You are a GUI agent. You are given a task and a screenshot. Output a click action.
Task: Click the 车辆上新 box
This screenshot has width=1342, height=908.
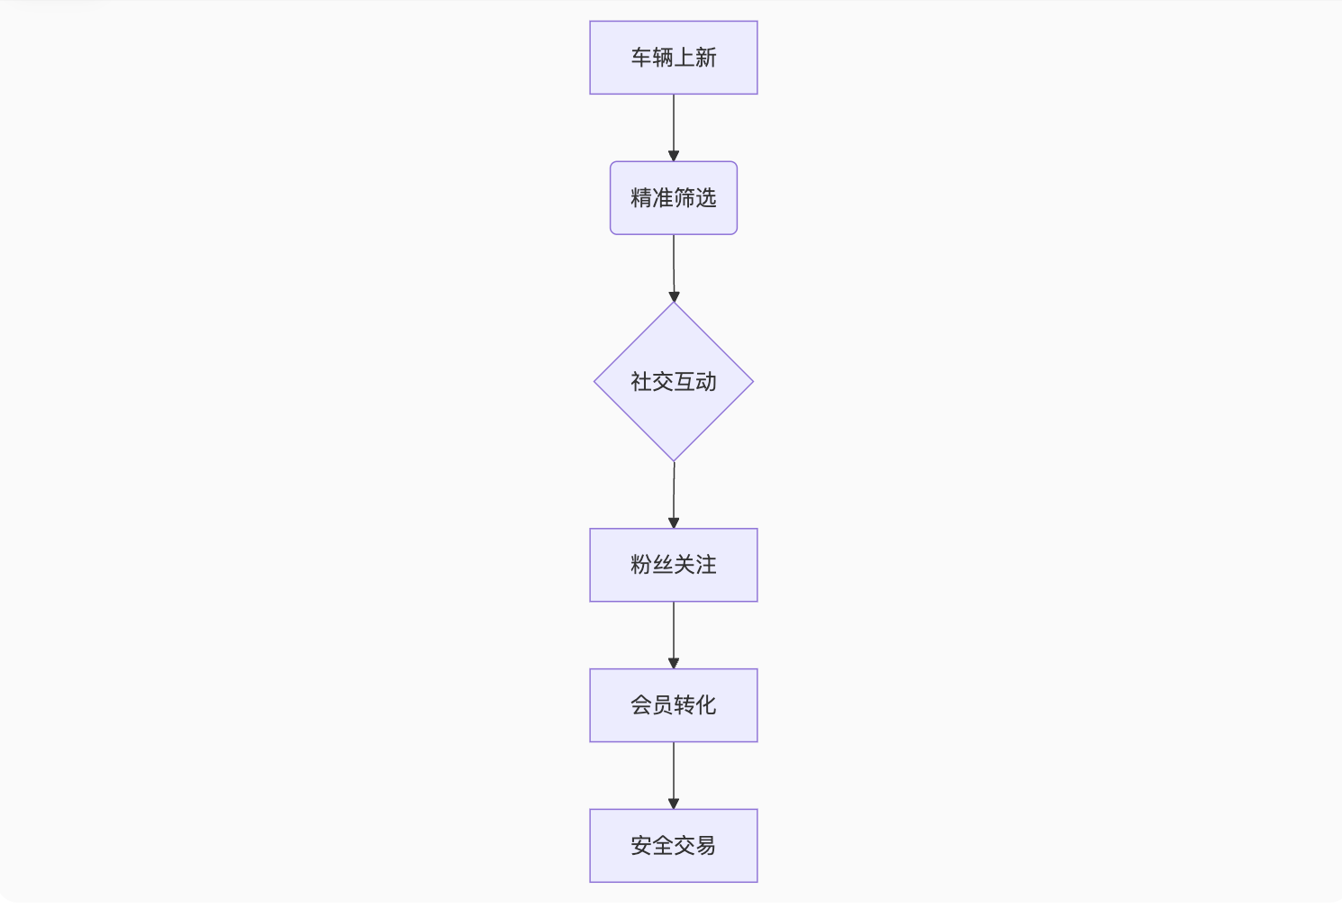673,58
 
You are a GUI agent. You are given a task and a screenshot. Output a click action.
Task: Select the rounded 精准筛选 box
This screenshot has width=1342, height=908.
673,198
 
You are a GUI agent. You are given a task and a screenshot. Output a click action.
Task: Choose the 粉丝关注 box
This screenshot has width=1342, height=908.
673,565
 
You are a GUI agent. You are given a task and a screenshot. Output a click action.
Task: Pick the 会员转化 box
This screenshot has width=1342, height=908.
673,705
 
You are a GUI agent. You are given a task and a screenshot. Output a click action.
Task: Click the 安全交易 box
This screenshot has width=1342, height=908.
673,845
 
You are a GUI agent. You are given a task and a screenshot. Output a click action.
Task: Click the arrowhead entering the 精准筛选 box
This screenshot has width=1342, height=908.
673,157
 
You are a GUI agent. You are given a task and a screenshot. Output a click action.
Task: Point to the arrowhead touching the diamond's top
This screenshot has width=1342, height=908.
673,296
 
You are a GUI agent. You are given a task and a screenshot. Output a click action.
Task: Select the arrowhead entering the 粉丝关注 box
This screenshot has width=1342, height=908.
673,523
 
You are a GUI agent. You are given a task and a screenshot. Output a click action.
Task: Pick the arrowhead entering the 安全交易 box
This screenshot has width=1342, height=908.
673,804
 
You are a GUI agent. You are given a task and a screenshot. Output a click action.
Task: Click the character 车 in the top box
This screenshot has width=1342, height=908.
640,58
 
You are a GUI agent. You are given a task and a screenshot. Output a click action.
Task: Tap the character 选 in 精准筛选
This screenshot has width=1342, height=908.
706,198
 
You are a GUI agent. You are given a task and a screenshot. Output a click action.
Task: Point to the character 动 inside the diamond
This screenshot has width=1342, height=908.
706,382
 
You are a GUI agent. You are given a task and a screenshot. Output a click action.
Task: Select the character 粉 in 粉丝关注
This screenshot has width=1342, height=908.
640,565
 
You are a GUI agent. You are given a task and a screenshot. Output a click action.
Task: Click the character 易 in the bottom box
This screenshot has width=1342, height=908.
706,845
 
